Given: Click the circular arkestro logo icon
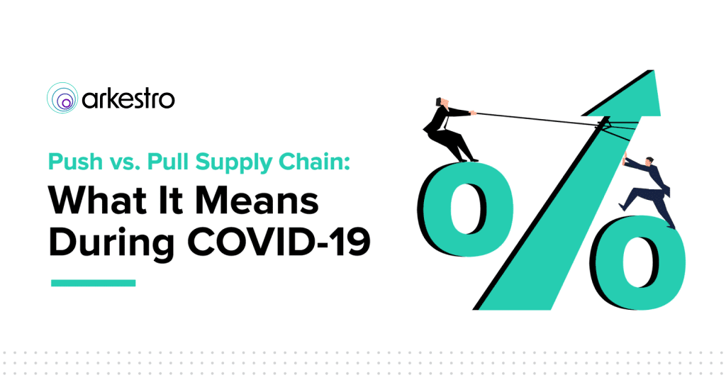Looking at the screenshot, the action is (62, 98).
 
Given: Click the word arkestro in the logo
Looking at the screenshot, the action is (128, 99).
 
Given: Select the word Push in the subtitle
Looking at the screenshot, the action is (75, 162).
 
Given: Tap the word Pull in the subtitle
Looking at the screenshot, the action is (168, 162).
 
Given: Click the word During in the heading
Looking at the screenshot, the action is (111, 243).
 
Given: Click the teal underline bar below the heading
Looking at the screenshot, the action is (93, 283).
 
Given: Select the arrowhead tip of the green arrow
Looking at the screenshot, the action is (653, 71).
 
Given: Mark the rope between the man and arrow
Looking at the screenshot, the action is (537, 118).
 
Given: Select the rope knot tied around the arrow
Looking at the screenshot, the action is (603, 123).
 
